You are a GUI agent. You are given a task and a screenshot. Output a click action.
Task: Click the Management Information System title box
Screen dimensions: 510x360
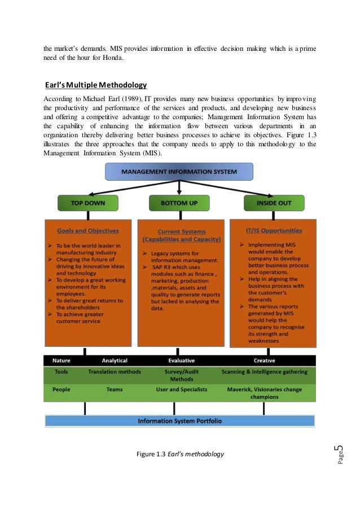179,171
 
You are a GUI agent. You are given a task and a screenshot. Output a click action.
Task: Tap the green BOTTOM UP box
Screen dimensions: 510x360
179,203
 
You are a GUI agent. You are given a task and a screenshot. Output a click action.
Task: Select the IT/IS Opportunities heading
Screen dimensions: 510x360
274,230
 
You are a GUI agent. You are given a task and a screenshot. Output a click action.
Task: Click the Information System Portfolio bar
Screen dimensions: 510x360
179,421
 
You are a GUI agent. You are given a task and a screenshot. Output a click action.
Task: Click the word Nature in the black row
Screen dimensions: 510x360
62,360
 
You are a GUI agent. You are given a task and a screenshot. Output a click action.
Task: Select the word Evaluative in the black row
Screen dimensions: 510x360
182,360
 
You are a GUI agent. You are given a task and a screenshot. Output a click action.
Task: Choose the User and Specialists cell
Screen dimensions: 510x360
182,390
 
